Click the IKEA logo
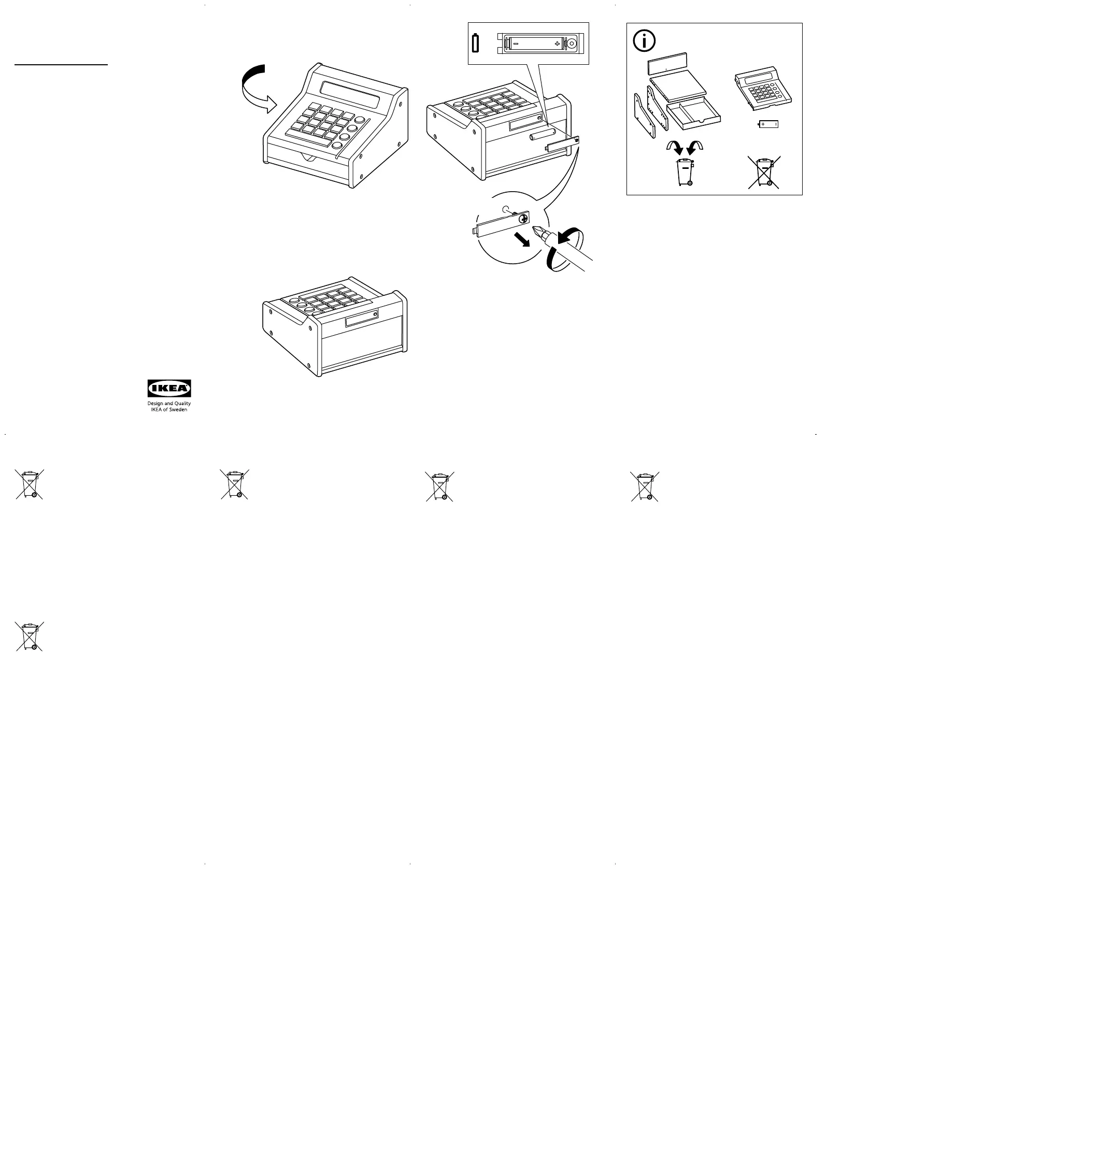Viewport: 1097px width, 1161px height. (169, 388)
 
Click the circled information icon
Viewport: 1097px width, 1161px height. (645, 41)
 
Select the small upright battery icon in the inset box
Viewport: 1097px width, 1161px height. (475, 44)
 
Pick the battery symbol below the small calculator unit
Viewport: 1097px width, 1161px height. (768, 124)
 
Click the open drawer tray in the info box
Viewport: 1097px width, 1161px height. (693, 114)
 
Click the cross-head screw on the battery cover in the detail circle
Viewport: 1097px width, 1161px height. (523, 219)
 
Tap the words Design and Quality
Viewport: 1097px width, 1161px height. (169, 404)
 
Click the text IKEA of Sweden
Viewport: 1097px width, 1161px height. (169, 410)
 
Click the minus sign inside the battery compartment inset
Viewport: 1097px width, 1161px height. (516, 44)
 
